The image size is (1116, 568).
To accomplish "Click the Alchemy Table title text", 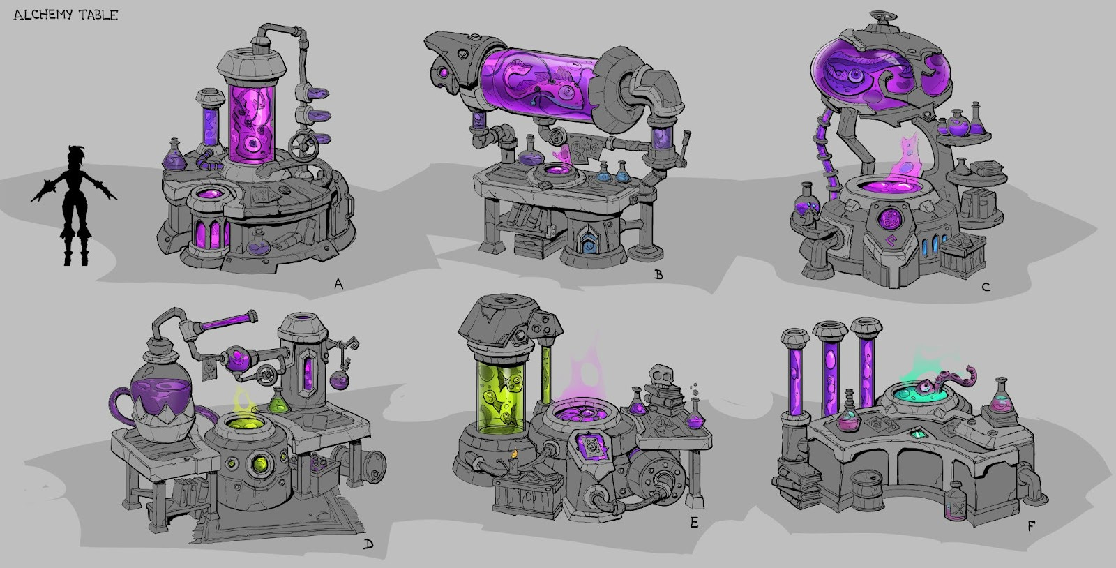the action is [66, 15].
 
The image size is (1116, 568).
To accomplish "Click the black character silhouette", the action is [74, 205].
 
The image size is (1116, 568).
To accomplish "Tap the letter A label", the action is [339, 284].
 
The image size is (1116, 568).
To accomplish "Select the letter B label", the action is [658, 274].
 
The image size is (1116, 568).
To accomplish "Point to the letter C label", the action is [986, 287].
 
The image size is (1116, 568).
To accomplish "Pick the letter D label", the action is [368, 544].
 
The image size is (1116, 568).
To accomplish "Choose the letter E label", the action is [694, 522].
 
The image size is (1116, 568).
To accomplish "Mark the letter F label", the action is [1031, 525].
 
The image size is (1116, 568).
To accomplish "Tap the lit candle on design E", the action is [515, 461].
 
